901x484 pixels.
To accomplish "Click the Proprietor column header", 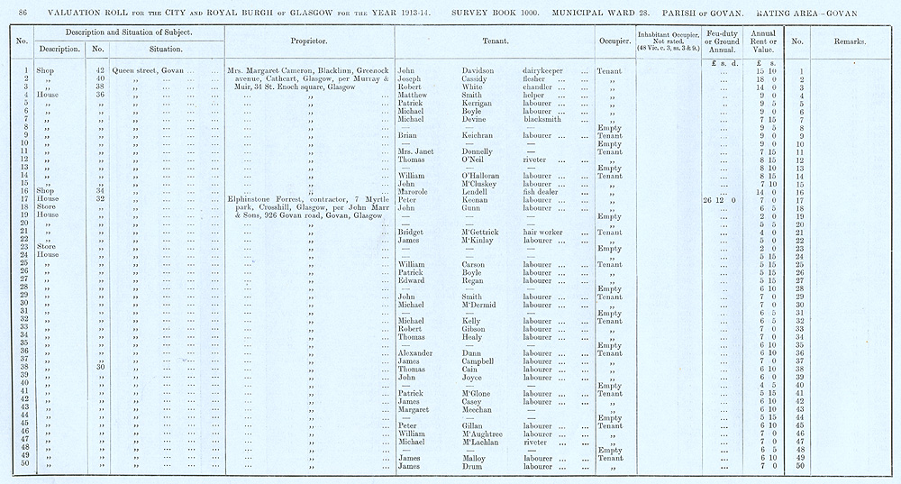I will coord(308,41).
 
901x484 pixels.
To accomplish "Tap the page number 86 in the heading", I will coord(23,8).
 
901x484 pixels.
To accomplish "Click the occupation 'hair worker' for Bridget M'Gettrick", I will coord(543,232).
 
